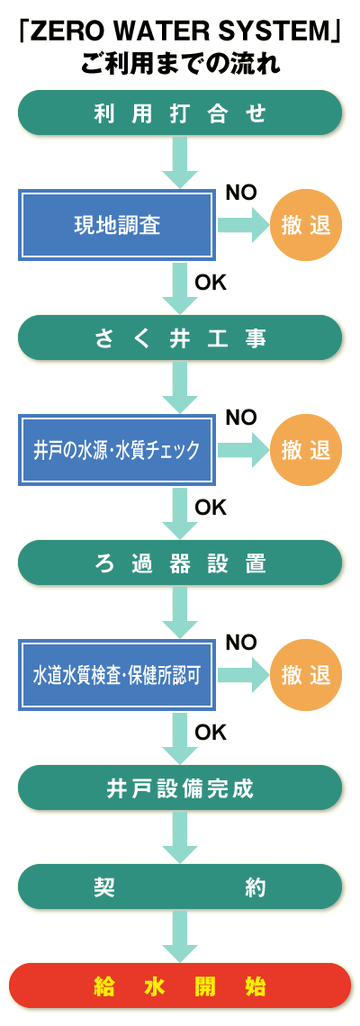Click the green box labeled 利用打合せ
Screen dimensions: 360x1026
coord(180,112)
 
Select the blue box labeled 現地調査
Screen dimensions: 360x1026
coord(117,225)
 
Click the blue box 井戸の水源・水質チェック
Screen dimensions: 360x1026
coord(117,450)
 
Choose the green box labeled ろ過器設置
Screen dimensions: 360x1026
coord(180,562)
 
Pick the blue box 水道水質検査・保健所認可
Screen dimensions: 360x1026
coord(117,676)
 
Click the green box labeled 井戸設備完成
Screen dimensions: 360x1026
coord(180,787)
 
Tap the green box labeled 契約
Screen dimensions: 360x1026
coord(180,886)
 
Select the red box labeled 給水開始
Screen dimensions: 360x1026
coord(180,985)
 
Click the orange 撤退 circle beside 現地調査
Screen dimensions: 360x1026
coord(306,225)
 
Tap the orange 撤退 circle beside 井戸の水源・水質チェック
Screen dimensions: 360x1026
coord(306,450)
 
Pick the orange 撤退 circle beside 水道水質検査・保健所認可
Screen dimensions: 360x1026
coord(306,676)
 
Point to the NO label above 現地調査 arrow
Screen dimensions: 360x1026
coord(241,192)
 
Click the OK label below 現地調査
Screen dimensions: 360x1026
coord(210,282)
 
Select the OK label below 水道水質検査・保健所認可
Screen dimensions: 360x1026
coord(210,733)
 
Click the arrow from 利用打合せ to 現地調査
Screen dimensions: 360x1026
coord(180,162)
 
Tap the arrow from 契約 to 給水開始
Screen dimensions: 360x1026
coord(180,936)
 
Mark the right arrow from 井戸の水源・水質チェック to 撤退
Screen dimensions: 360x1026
coord(243,450)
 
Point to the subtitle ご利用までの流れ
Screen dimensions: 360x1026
coord(180,65)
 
